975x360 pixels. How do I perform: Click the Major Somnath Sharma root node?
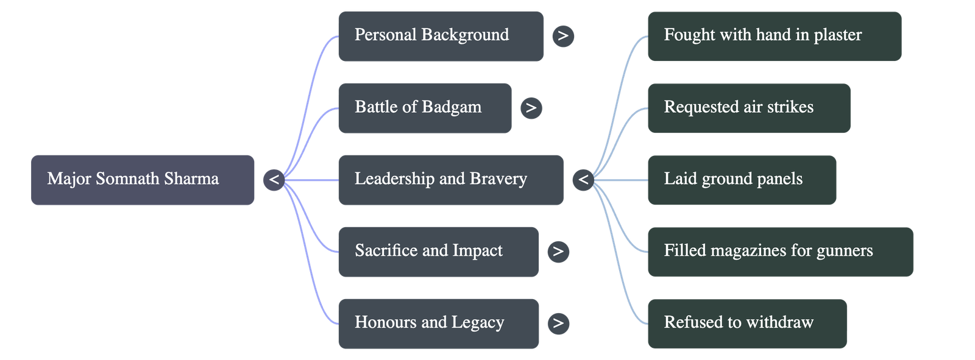pos(143,180)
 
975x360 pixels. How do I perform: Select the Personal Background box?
pos(441,36)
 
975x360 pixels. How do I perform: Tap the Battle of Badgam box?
pos(424,108)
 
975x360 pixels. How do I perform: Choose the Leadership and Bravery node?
pos(450,180)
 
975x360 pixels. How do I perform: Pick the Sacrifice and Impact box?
pos(438,252)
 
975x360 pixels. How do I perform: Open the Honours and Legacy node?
pos(438,323)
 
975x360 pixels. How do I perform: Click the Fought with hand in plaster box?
pos(774,36)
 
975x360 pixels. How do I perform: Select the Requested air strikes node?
pos(748,108)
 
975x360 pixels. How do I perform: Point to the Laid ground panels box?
pos(741,180)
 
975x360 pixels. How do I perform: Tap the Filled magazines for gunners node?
pos(780,252)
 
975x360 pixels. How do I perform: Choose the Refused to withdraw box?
pos(746,323)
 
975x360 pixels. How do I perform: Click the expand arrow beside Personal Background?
pos(562,36)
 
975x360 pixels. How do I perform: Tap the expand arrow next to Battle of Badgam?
pos(531,108)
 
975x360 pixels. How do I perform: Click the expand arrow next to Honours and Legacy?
pos(558,323)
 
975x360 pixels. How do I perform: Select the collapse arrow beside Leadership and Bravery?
pos(583,180)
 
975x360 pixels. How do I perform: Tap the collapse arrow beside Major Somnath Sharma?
pos(274,180)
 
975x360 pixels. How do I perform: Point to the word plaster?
pos(838,35)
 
